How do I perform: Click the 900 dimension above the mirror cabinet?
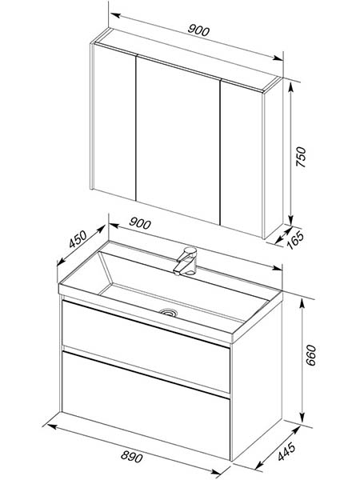pyautogui.click(x=198, y=30)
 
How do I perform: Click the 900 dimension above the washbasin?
pyautogui.click(x=140, y=223)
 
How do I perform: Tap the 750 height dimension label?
pyautogui.click(x=301, y=157)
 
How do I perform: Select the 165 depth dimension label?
pyautogui.click(x=296, y=240)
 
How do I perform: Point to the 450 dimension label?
pyautogui.click(x=78, y=239)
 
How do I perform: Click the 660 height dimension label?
pyautogui.click(x=311, y=355)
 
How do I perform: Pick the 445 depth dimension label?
pyautogui.click(x=286, y=451)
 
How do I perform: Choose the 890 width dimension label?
pyautogui.click(x=132, y=457)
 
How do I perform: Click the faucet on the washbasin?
pyautogui.click(x=186, y=261)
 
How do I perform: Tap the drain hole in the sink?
pyautogui.click(x=168, y=312)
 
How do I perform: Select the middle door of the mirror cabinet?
pyautogui.click(x=178, y=139)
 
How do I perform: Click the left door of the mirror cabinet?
pyautogui.click(x=114, y=122)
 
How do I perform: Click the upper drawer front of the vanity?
pyautogui.click(x=146, y=346)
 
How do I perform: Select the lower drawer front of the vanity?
pyautogui.click(x=146, y=406)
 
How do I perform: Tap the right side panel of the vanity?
pyautogui.click(x=257, y=379)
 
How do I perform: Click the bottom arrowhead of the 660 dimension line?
pyautogui.click(x=302, y=418)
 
